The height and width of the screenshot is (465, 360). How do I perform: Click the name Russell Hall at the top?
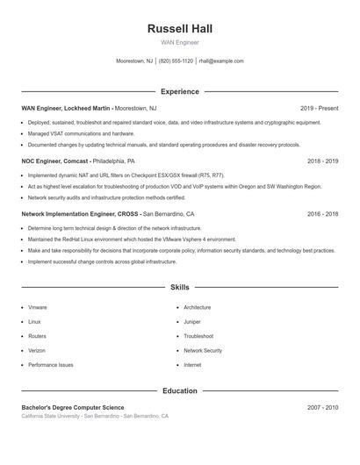179,29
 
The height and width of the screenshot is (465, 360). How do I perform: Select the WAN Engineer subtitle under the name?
179,42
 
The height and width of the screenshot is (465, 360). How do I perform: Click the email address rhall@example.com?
221,61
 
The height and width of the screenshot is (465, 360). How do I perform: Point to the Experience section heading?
179,91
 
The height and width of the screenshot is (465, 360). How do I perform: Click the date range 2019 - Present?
319,108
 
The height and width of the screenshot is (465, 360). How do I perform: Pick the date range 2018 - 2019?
322,161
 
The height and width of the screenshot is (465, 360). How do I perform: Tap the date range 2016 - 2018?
322,213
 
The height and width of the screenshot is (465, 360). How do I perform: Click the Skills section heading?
179,287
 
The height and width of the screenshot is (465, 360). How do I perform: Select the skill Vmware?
38,308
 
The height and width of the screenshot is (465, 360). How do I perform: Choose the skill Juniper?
193,322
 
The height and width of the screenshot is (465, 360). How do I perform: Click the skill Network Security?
203,350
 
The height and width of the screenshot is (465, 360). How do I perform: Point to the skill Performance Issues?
51,364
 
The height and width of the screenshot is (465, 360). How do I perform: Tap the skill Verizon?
38,350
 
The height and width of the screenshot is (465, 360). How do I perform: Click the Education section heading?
179,390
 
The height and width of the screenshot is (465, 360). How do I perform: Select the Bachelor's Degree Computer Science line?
73,407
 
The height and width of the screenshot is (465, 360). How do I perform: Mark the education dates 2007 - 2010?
322,407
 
